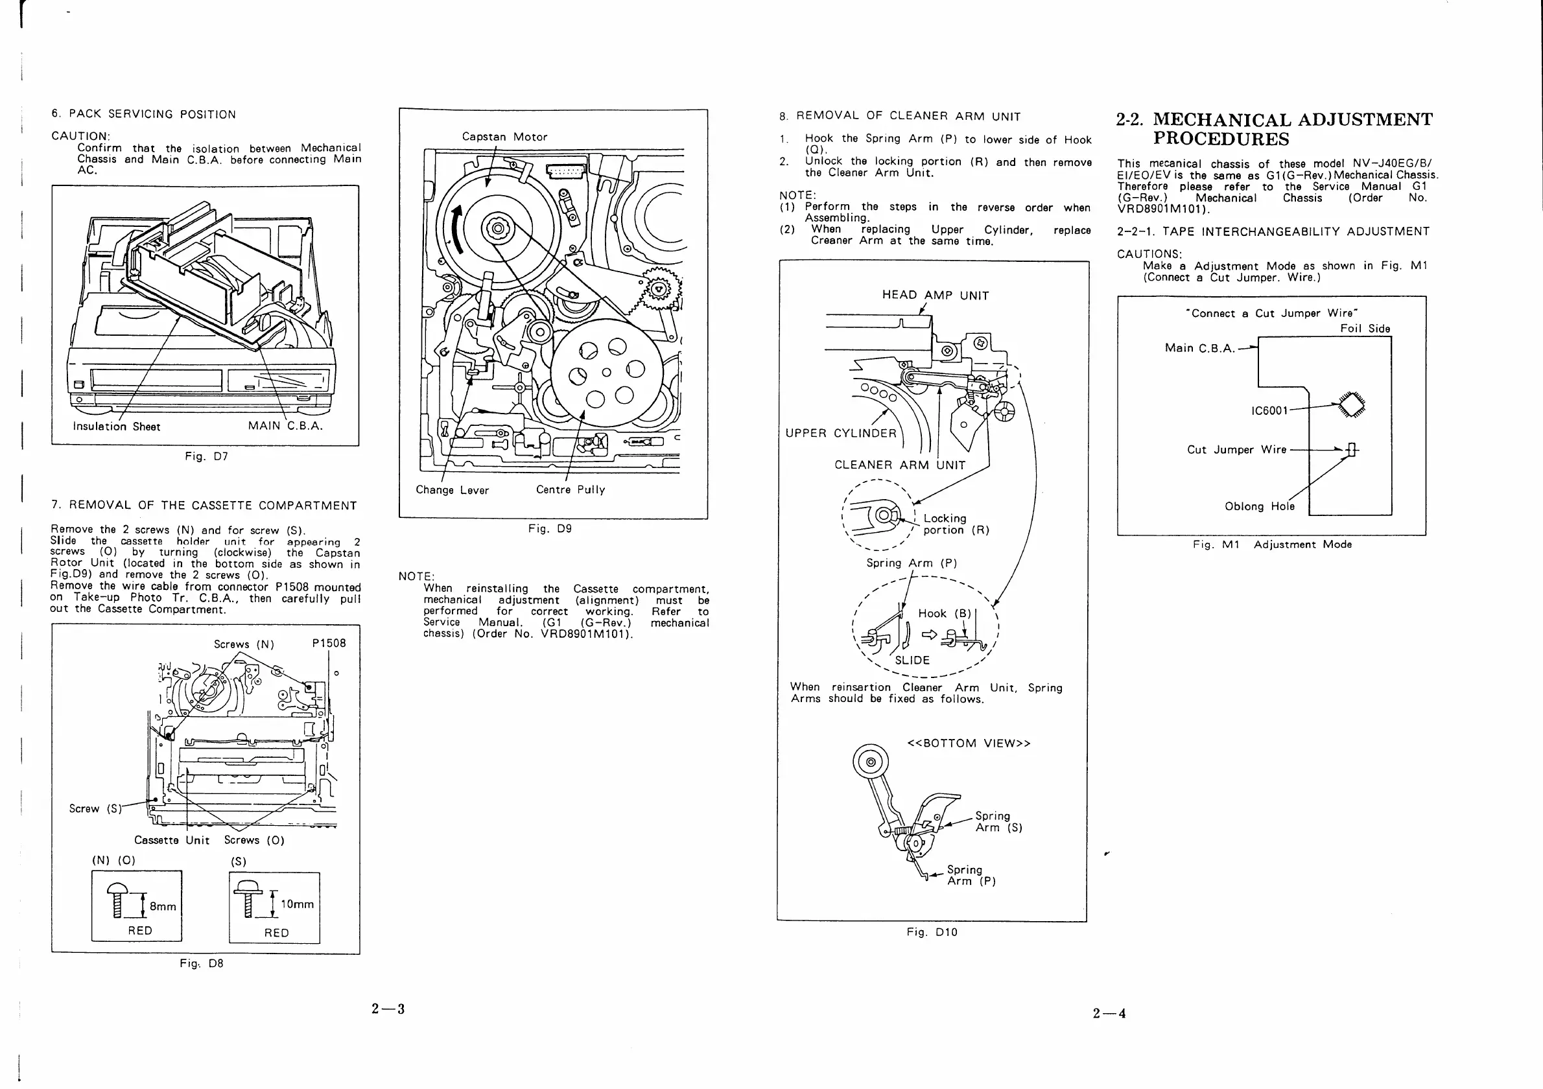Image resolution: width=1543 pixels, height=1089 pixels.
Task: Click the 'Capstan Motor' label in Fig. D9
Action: click(504, 137)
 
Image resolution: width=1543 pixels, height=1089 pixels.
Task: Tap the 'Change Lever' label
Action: click(452, 491)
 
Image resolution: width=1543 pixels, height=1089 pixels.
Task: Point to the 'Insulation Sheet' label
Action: click(116, 427)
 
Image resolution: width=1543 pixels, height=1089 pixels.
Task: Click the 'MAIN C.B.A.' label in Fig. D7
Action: click(285, 426)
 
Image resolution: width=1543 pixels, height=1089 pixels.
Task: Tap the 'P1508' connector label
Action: click(329, 644)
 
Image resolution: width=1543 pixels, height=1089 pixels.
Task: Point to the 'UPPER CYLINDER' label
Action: click(840, 433)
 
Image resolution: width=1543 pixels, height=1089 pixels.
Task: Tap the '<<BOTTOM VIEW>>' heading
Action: click(969, 743)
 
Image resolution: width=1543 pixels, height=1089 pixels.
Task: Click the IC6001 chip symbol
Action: click(1352, 404)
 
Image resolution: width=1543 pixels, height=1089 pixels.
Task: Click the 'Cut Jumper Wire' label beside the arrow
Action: click(1236, 449)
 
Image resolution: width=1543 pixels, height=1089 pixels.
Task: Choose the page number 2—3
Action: click(388, 1009)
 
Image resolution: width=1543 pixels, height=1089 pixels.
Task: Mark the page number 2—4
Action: click(1109, 1013)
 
